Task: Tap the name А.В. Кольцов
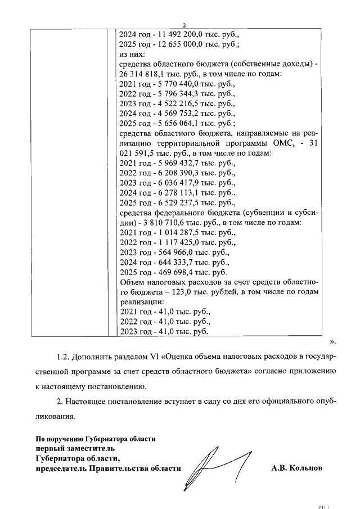click(x=296, y=468)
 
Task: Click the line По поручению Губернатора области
click(x=96, y=438)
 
